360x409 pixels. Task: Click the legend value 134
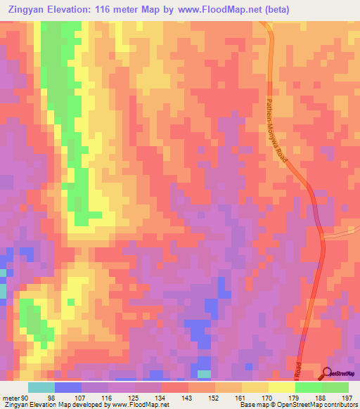click(161, 396)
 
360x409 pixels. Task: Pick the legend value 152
click(214, 396)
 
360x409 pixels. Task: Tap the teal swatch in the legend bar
click(41, 387)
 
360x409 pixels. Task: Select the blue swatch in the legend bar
click(68, 387)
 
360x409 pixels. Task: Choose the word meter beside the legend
click(9, 396)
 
